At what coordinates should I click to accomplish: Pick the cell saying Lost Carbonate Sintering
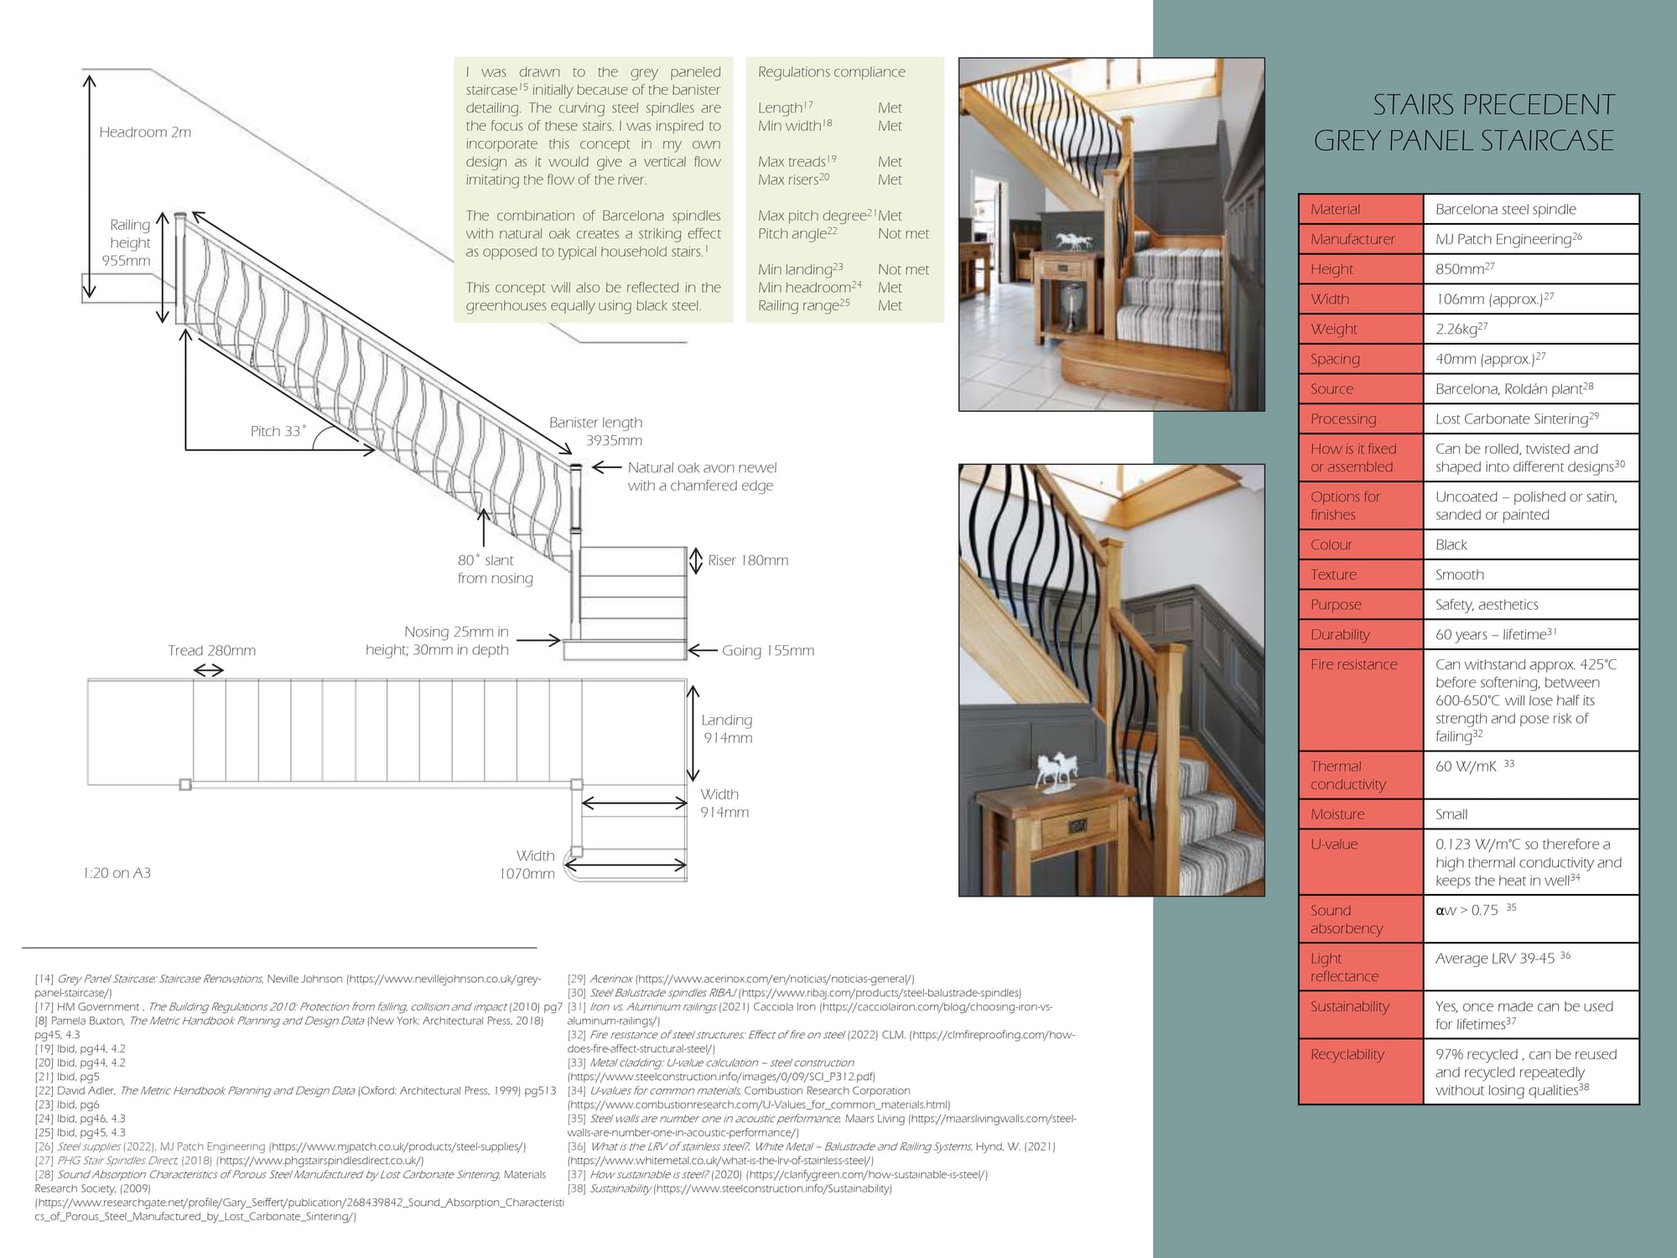1511,419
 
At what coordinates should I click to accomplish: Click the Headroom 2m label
145,133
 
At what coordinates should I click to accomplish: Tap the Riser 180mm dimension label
748,560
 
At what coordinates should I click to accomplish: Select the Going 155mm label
768,651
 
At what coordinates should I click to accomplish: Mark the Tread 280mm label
211,651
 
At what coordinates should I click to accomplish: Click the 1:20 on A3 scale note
117,873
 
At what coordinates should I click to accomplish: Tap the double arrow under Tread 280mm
209,670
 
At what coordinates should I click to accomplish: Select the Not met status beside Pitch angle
903,234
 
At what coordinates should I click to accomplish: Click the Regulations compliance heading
831,72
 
